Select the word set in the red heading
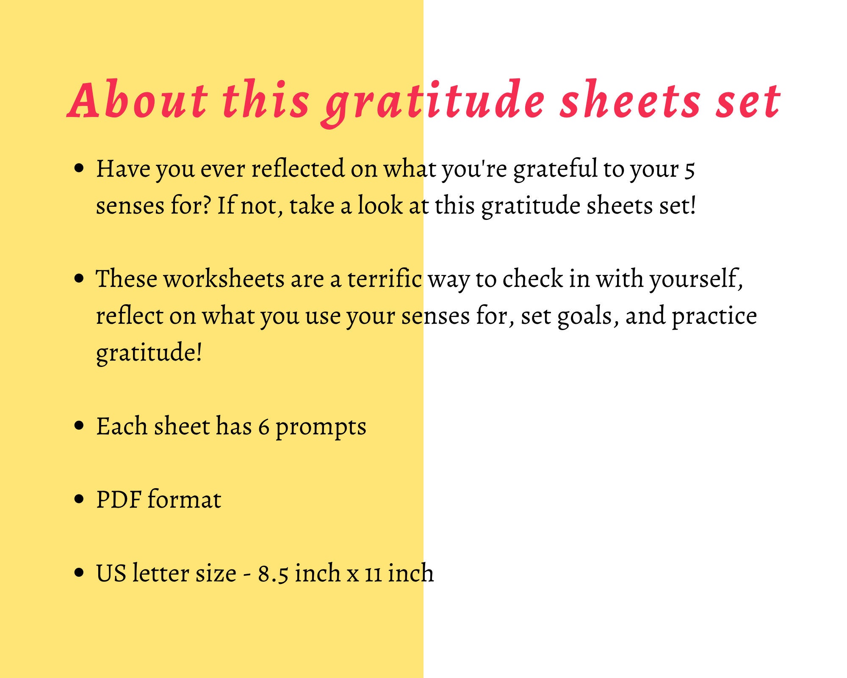tap(748, 100)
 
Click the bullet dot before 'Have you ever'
tap(79, 168)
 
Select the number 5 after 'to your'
tap(690, 169)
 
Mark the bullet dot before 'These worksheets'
tap(79, 278)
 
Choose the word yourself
tap(696, 280)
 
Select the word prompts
tap(321, 427)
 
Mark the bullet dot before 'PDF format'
tap(79, 499)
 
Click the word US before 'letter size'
tap(111, 573)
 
